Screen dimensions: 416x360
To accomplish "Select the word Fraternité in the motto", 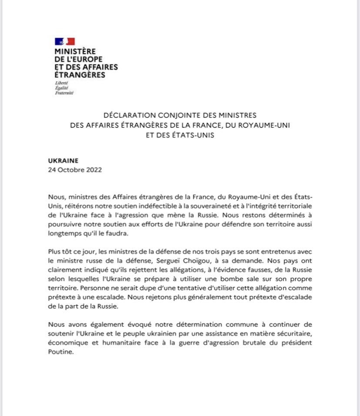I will pyautogui.click(x=64, y=93).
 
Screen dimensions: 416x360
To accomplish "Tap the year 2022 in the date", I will pyautogui.click(x=93, y=170).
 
